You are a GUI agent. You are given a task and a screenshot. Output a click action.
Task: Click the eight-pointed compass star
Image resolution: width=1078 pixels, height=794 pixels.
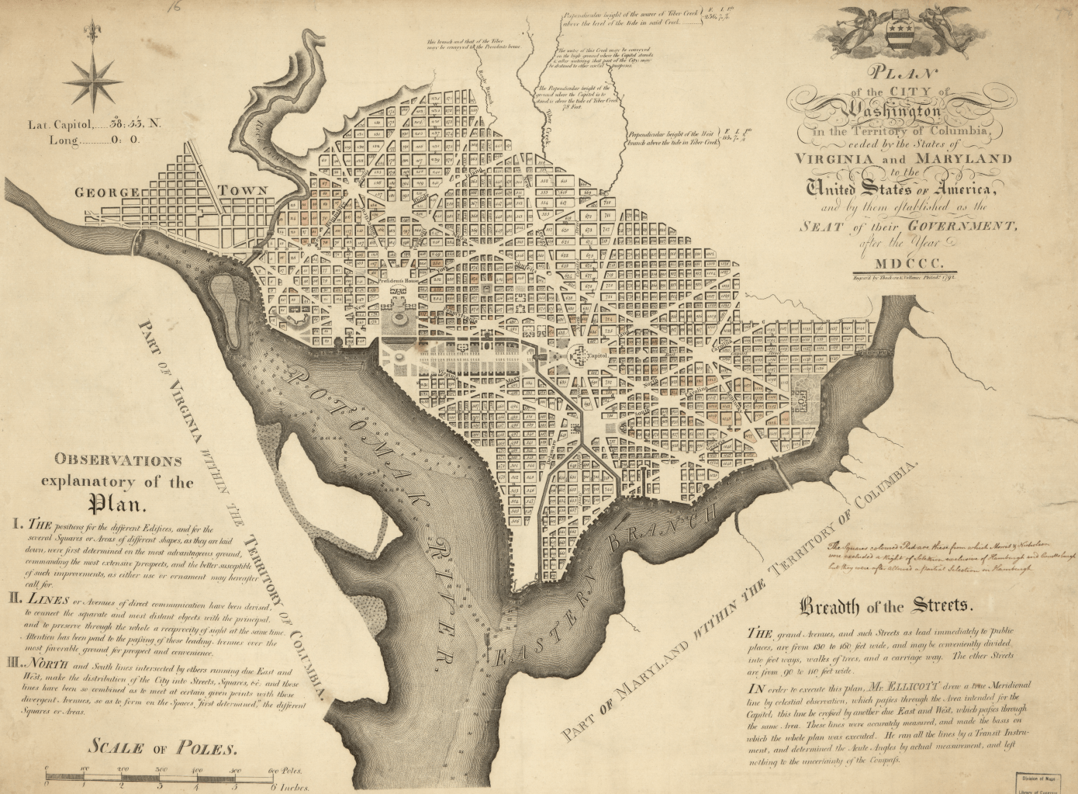pos(92,80)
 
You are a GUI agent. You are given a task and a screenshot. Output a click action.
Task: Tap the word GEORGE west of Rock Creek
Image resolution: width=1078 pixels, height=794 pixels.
pos(106,192)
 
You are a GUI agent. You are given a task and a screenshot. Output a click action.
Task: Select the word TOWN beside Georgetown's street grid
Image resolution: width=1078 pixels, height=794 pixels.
pos(243,190)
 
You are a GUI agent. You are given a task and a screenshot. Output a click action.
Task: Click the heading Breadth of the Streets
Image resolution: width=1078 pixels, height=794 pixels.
pos(884,605)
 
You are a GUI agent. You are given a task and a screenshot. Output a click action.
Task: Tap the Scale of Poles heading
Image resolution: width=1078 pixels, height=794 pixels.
pos(161,747)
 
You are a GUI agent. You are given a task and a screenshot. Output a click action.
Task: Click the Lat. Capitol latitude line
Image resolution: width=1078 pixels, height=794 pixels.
pos(95,123)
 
